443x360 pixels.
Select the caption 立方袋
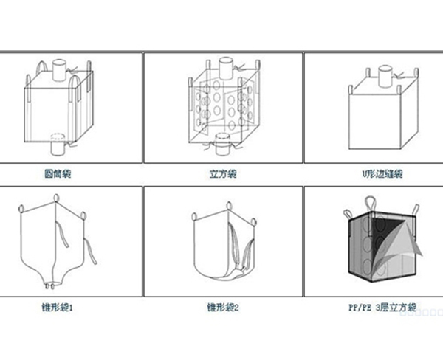222,174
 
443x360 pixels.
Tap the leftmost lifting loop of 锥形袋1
21,209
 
